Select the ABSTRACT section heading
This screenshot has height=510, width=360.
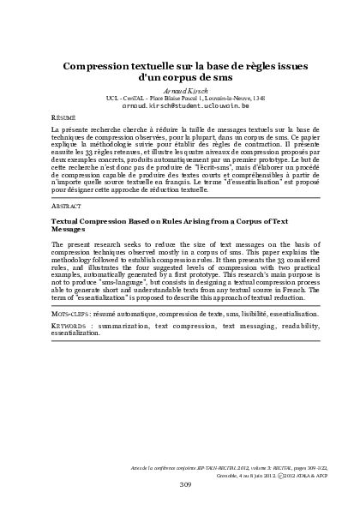click(x=66, y=207)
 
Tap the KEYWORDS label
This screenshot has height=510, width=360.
click(x=71, y=327)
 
